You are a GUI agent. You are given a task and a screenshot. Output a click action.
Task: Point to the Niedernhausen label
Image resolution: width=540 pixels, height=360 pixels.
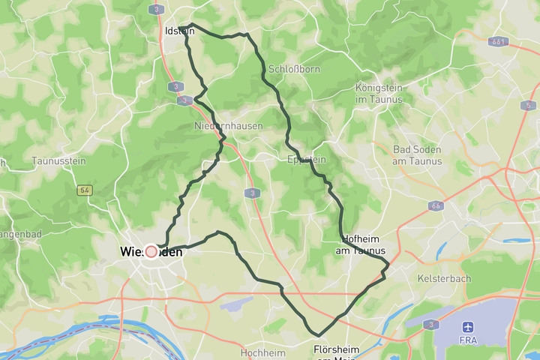pos(228,126)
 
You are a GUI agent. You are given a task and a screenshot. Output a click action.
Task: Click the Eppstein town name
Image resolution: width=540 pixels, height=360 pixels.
pos(307,159)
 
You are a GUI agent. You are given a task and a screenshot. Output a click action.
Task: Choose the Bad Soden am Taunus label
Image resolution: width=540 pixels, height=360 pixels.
pos(417,154)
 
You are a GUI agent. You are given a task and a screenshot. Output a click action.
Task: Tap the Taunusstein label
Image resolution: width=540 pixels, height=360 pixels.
pos(59,160)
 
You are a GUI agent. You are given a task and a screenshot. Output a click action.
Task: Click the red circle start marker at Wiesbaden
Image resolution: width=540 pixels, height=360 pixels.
pos(151,252)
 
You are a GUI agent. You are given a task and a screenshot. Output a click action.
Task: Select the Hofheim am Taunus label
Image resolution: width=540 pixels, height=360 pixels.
pos(361,244)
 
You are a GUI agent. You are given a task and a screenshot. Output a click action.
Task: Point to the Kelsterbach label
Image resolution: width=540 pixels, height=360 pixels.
pos(443,277)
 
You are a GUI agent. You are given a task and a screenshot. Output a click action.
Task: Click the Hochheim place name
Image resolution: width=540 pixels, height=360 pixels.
pos(262,352)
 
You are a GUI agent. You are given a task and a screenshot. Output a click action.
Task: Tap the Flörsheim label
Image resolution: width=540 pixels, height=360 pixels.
pos(336,350)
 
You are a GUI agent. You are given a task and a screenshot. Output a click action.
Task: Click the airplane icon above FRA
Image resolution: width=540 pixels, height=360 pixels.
pos(469,327)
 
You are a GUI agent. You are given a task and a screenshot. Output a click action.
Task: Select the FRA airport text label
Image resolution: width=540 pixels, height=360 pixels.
pos(469,340)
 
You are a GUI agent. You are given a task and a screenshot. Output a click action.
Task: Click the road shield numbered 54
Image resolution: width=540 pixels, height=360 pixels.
pos(84,190)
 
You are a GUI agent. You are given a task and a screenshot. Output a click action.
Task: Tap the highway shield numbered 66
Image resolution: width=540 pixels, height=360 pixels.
pos(435,205)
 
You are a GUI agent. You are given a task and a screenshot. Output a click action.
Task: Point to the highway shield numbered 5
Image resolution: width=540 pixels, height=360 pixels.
pos(529,106)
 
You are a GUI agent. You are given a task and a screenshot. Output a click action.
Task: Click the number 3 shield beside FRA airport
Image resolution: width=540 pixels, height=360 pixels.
pos(430,325)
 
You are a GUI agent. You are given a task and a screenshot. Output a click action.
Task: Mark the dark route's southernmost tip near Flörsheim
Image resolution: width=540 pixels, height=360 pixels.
pos(318,335)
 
